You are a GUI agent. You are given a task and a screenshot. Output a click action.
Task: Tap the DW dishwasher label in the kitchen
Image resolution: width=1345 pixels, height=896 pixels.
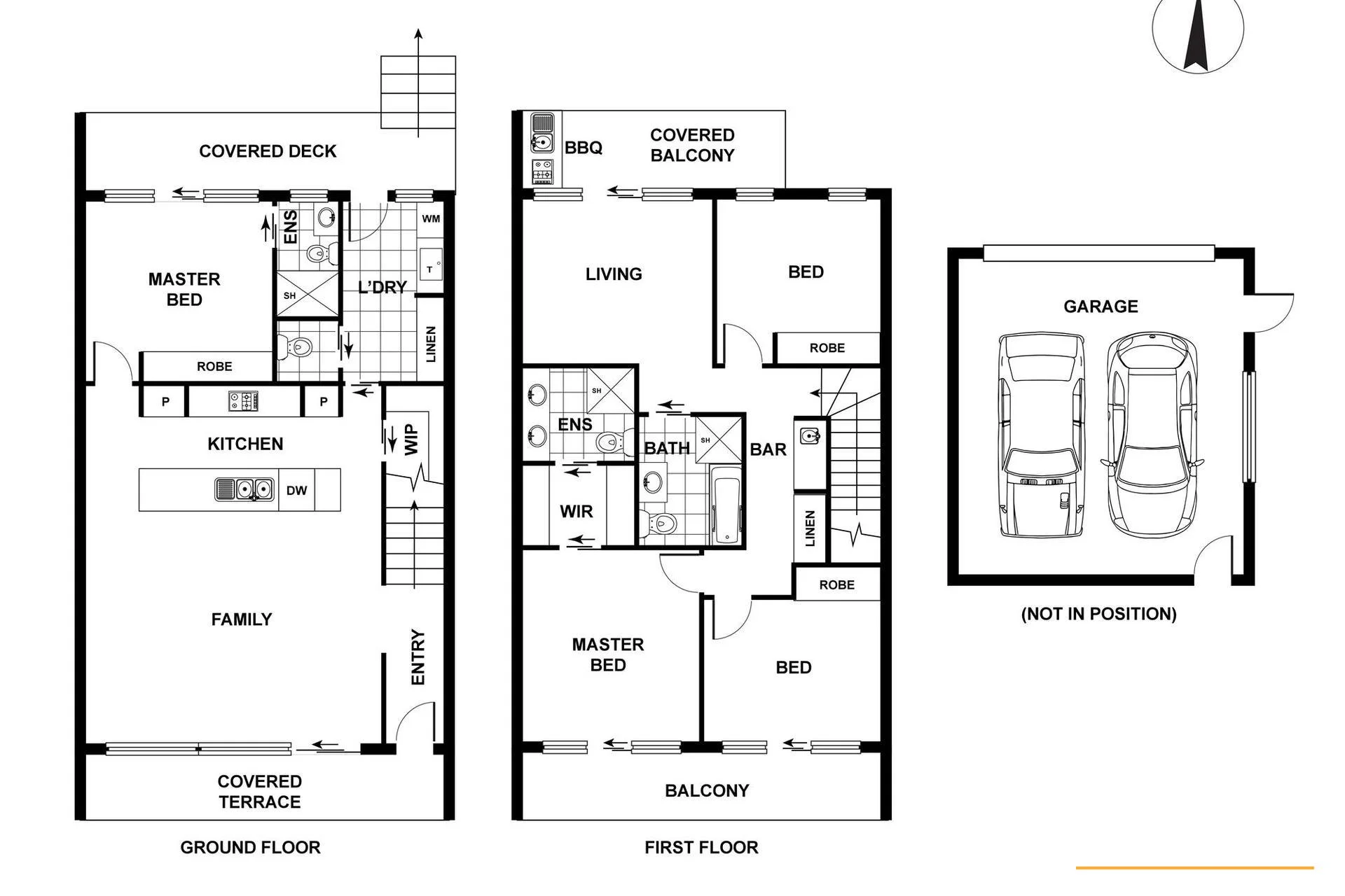click(x=296, y=491)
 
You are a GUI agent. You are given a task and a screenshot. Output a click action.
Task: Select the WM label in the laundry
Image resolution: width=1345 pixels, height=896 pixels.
click(x=431, y=219)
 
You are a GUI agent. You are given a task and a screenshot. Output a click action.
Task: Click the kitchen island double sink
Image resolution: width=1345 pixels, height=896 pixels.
click(x=243, y=489)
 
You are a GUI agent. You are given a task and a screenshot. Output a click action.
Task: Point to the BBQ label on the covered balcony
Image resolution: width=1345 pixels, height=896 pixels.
click(x=584, y=148)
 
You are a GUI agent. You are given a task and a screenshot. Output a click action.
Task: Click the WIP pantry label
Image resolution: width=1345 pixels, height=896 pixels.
click(x=412, y=440)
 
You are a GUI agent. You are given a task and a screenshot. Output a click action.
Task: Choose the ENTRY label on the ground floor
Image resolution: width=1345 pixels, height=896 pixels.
click(x=418, y=657)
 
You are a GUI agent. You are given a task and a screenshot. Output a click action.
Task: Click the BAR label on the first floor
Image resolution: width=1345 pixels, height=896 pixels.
click(x=768, y=449)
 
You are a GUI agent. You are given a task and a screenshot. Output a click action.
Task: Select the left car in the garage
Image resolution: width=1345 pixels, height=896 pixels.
click(x=1042, y=435)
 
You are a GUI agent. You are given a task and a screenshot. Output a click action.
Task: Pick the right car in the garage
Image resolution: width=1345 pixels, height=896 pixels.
click(x=1152, y=435)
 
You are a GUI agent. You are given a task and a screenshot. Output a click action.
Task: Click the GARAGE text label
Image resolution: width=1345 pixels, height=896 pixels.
click(x=1101, y=307)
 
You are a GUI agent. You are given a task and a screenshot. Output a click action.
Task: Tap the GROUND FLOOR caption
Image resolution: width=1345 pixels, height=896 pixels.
click(x=250, y=848)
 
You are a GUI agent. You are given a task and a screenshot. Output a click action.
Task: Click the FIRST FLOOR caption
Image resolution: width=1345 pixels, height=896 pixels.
click(x=701, y=848)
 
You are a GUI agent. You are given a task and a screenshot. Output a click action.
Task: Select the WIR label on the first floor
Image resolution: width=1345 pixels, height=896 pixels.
click(x=577, y=512)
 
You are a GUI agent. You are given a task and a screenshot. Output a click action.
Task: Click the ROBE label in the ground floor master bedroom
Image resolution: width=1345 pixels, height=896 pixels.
click(x=214, y=366)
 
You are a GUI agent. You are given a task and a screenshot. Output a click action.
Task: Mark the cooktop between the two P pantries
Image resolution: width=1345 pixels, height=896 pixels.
click(x=243, y=401)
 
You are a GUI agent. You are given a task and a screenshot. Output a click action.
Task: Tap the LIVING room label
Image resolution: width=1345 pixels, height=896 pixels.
click(x=614, y=274)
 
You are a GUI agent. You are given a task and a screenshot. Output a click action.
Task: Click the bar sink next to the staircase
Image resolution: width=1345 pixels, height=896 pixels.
click(x=809, y=437)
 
